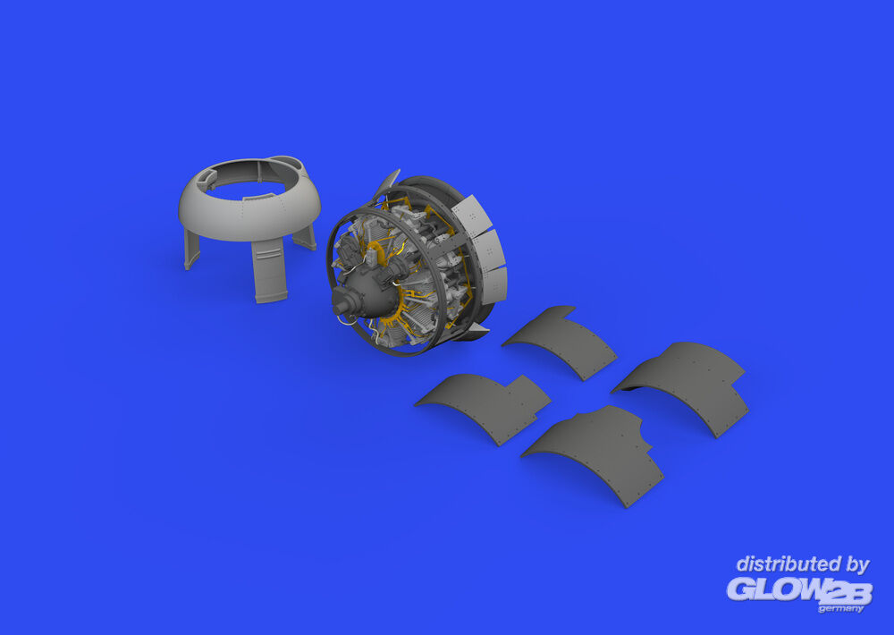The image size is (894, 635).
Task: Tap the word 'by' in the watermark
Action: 857,565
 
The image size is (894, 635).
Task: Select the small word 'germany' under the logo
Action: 841,609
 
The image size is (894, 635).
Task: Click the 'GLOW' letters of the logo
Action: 775,588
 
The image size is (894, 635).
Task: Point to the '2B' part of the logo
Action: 847,593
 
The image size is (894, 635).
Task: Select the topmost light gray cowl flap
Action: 472,214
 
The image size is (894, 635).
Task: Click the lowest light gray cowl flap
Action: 493,285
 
